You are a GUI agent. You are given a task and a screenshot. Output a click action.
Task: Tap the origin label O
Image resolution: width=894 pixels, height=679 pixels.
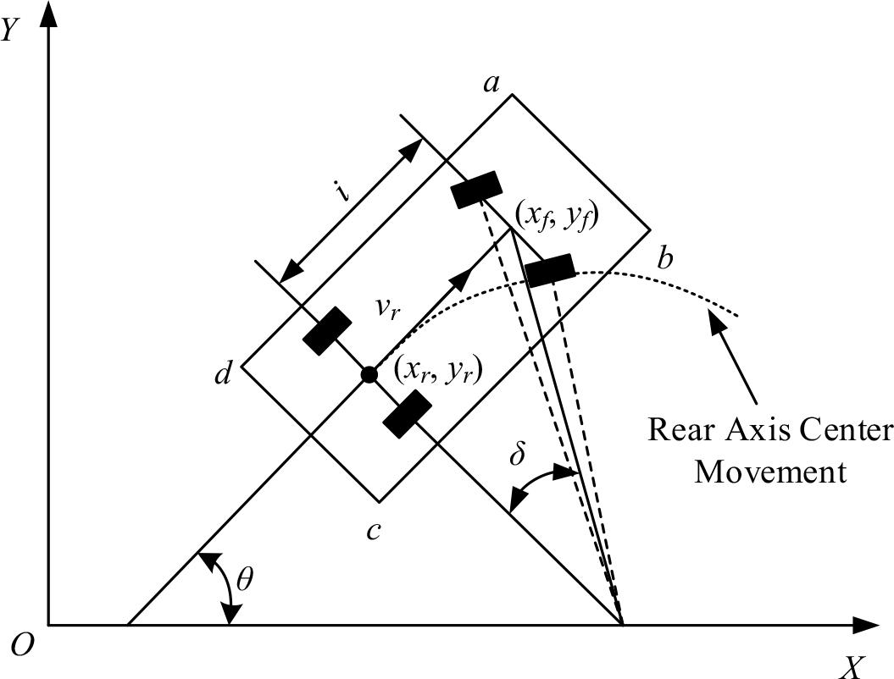point(24,646)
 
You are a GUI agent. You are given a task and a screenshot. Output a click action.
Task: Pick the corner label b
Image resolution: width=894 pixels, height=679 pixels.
point(665,258)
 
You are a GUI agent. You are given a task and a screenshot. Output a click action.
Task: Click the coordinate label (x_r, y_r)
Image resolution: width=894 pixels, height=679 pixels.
point(436,370)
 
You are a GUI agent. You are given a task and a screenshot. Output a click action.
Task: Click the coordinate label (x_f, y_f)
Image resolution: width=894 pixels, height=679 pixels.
point(558,218)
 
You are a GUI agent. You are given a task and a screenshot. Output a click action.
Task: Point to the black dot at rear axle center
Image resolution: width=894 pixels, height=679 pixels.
point(369,374)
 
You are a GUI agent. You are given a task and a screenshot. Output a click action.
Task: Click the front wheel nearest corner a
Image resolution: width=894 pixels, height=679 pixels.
point(477,189)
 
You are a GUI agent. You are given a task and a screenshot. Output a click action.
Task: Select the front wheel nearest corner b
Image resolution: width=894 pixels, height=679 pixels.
point(550,270)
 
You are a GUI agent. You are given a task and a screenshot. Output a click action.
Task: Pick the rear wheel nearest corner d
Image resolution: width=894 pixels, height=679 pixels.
point(327,331)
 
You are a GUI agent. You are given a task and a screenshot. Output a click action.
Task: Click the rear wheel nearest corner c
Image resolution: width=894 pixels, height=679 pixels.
point(406,415)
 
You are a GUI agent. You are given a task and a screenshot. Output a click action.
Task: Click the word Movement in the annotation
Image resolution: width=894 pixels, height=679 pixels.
point(769,471)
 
